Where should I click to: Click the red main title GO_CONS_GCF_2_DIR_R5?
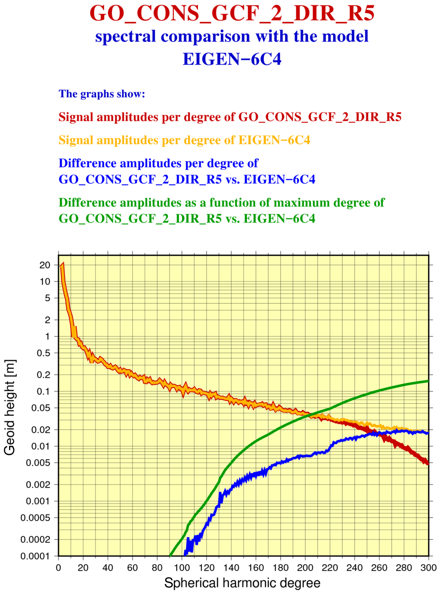coord(232,14)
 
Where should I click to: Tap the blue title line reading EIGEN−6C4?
coord(232,59)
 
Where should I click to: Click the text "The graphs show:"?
coord(101,93)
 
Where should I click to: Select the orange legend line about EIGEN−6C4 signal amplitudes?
coord(184,140)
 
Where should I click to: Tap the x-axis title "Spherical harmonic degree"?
coord(243,583)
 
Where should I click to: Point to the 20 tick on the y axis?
coord(45,265)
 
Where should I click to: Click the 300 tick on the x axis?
coord(428,567)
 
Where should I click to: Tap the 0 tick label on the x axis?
coord(58,567)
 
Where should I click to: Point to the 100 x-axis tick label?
coord(181,567)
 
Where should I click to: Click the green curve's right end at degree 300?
coord(428,381)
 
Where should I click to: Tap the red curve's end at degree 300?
coord(428,463)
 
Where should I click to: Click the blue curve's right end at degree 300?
coord(428,433)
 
